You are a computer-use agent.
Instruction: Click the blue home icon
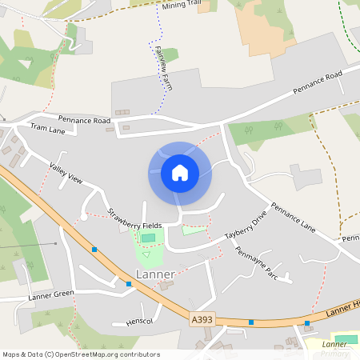tap(180, 172)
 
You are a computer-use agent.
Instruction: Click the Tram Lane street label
tap(47, 128)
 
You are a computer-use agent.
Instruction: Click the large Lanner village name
tap(155, 274)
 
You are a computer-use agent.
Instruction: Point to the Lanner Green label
tap(51, 294)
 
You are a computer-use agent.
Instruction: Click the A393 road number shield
tap(202, 319)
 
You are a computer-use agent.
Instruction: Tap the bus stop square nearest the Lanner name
tap(129, 283)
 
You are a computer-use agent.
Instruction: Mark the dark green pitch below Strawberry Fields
tap(148, 238)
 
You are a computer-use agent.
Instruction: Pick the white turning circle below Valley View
tap(84, 216)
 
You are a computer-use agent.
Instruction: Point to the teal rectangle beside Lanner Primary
tap(346, 340)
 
